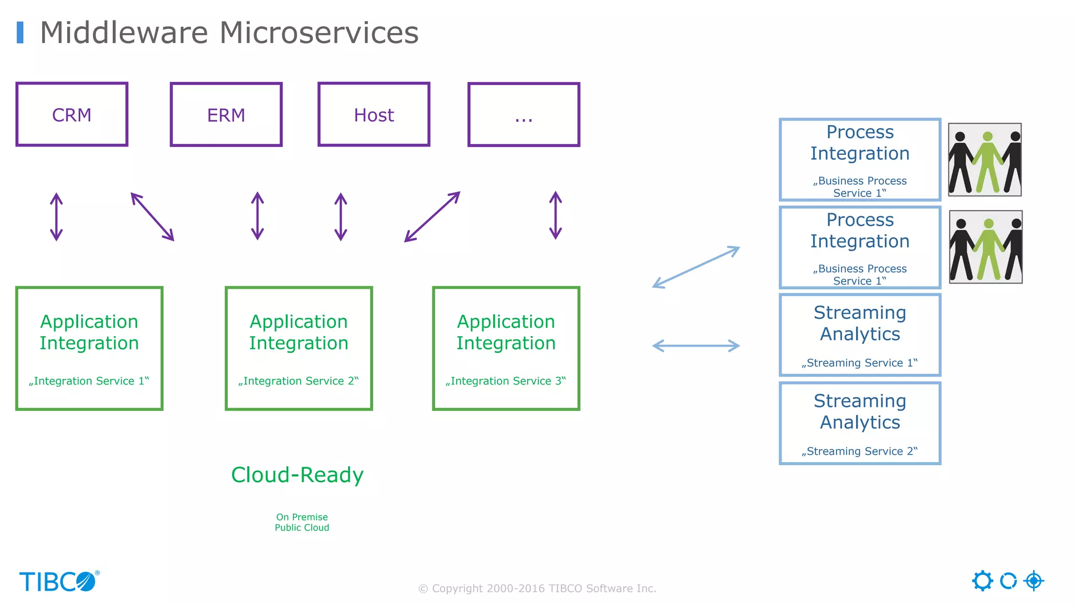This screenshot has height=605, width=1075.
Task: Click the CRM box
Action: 72,114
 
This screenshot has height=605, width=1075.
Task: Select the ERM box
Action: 226,114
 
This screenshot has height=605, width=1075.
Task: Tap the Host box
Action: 374,114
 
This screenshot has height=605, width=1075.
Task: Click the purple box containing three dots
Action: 524,114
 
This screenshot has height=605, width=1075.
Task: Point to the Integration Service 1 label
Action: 89,381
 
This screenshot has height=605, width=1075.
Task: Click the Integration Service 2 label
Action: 298,381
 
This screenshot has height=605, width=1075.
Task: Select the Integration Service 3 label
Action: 505,381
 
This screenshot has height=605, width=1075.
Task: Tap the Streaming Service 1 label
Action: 859,363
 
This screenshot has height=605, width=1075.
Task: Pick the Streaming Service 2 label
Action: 859,451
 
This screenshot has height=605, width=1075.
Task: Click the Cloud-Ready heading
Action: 297,475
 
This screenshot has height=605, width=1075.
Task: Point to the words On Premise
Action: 302,517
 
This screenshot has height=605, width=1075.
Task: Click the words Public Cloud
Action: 302,528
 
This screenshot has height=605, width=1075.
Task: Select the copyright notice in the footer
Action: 537,589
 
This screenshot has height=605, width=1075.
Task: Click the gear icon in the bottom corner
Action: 982,581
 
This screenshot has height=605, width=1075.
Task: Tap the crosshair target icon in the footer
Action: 1034,581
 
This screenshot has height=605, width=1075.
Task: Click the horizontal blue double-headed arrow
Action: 695,346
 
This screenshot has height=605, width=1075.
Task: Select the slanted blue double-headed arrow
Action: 695,267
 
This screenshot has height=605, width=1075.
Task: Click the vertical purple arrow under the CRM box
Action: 56,216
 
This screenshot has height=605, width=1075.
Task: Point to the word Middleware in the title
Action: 124,33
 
